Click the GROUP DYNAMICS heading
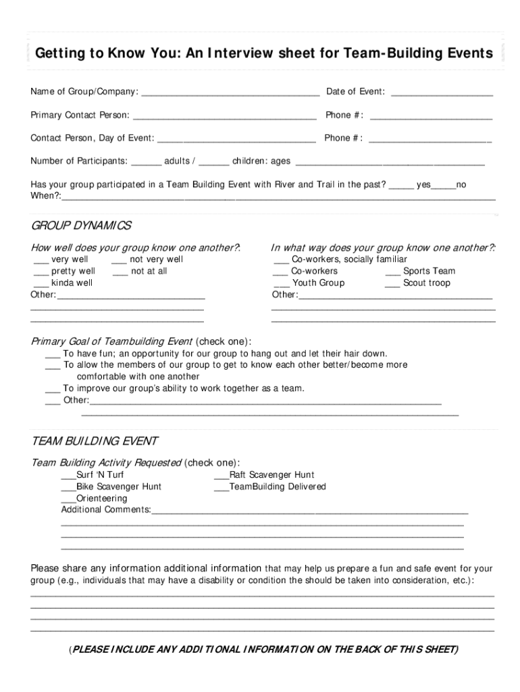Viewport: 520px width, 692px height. [82, 225]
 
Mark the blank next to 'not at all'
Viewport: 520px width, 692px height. [120, 272]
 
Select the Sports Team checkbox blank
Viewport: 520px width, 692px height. [393, 272]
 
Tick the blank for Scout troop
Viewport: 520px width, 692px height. [393, 284]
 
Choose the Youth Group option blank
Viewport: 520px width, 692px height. [281, 284]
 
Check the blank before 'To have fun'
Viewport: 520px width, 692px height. [53, 355]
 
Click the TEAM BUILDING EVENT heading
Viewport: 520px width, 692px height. [95, 441]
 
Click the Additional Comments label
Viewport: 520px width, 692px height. [106, 510]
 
